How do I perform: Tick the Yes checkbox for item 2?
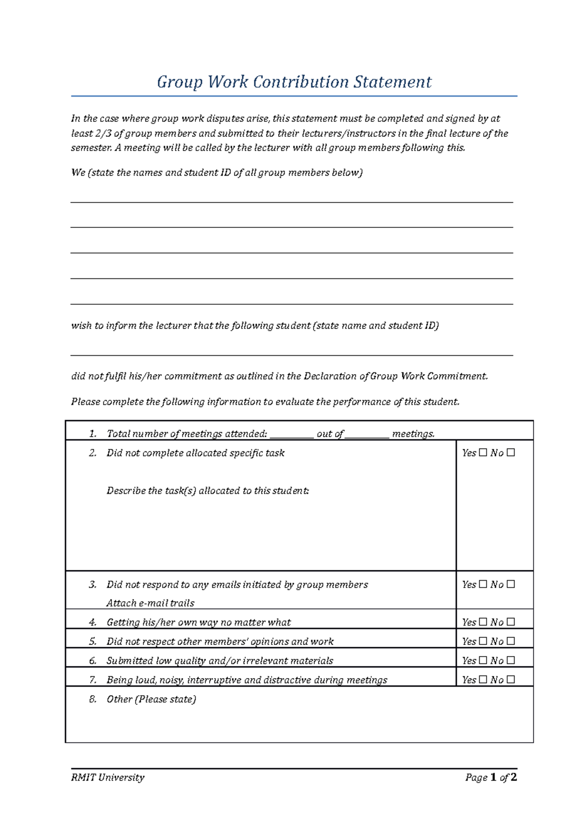[x=483, y=453]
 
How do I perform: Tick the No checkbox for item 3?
[x=511, y=584]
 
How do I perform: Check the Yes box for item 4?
[x=483, y=622]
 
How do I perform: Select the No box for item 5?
[x=511, y=641]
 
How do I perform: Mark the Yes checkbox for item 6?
[x=483, y=660]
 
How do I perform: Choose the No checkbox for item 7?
[x=511, y=679]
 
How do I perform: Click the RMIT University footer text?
[x=108, y=778]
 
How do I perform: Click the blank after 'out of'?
[x=367, y=435]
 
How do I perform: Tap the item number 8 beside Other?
[x=93, y=699]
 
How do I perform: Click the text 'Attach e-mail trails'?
[x=150, y=603]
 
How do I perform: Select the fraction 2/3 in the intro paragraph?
[x=102, y=133]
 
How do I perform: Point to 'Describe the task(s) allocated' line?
[x=208, y=491]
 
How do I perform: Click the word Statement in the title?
[x=392, y=82]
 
